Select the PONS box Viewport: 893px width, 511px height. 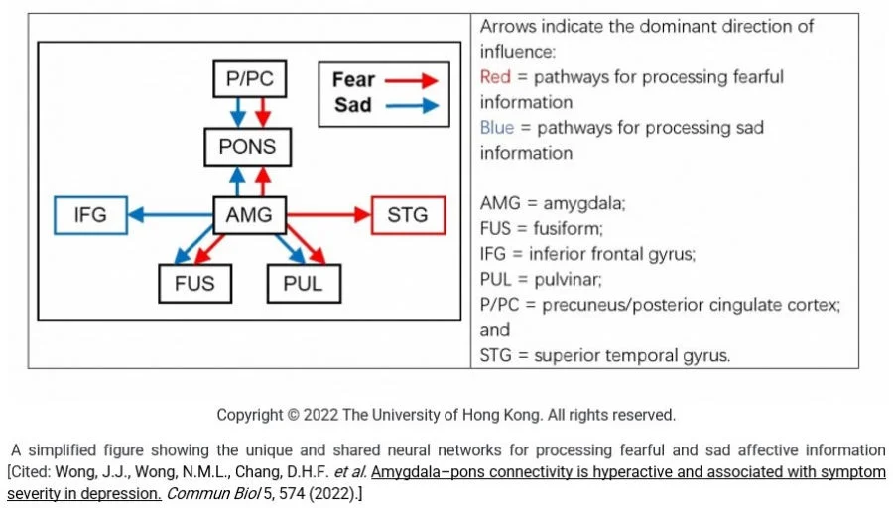point(248,149)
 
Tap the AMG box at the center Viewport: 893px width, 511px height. point(249,215)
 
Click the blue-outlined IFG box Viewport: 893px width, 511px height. point(90,215)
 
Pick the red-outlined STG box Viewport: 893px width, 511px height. point(407,215)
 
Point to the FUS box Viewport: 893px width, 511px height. point(194,284)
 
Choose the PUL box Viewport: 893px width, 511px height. point(304,284)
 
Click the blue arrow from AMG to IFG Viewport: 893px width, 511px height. point(171,215)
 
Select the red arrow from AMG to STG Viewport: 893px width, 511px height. point(326,215)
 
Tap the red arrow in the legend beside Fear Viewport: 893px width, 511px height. point(412,80)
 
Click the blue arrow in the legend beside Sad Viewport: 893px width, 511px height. point(412,105)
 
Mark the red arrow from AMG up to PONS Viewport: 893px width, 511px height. point(262,182)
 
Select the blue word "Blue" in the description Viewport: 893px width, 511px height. point(497,128)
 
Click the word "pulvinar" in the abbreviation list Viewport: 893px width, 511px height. point(577,280)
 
